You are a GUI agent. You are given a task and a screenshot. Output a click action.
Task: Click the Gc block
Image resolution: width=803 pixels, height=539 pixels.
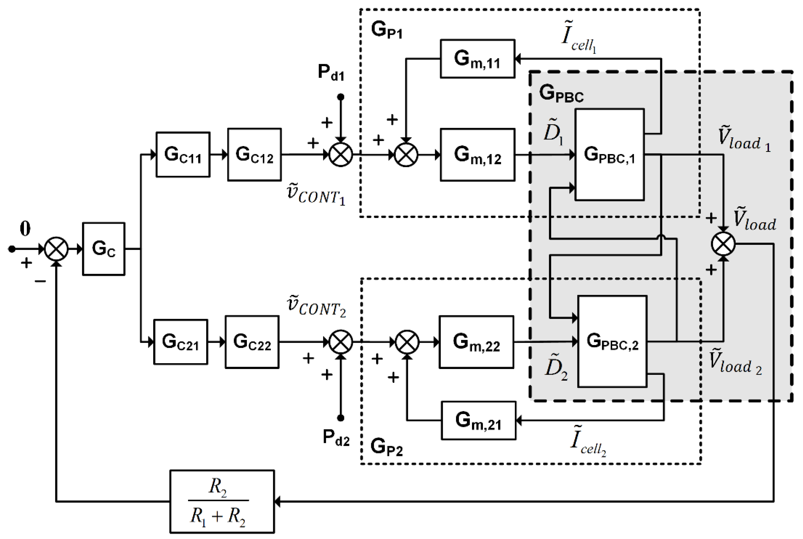[x=104, y=249]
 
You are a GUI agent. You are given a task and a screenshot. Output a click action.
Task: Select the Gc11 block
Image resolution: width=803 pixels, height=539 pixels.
[x=183, y=155]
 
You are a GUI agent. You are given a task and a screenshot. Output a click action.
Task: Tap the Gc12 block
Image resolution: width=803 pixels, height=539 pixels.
[x=254, y=155]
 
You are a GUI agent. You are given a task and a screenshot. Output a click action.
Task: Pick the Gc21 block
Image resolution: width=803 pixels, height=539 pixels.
[x=180, y=342]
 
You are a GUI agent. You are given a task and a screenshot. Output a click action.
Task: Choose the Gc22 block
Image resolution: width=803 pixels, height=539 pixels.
[x=252, y=342]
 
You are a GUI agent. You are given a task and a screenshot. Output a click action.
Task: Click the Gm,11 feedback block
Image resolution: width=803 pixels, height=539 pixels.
[x=478, y=59]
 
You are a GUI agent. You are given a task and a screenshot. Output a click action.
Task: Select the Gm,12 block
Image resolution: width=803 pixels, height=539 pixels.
[x=478, y=155]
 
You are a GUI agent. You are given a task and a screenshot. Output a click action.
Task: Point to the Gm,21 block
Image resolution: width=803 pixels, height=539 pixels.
[x=478, y=420]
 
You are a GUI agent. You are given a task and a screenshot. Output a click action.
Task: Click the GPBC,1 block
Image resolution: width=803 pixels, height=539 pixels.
[x=610, y=155]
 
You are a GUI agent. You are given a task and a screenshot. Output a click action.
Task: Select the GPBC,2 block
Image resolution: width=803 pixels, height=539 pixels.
[x=612, y=341]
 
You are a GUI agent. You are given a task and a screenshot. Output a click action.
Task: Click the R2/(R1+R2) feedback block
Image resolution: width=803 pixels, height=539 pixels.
[x=222, y=501]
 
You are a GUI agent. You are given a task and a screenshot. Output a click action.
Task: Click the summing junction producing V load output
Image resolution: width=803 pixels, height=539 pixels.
[x=723, y=244]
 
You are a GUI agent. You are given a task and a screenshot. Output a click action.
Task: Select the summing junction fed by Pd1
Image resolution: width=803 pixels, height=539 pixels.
[x=341, y=155]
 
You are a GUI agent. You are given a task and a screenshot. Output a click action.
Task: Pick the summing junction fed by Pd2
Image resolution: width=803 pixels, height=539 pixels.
[x=341, y=342]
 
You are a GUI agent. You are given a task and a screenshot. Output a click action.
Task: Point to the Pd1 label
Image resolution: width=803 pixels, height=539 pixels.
[x=331, y=73]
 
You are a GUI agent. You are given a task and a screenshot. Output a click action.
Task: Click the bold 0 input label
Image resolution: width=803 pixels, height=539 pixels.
[x=25, y=228]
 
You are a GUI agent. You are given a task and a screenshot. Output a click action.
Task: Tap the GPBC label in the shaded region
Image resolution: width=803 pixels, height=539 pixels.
[x=561, y=93]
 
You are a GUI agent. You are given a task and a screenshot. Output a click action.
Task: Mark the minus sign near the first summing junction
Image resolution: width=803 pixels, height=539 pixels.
[x=40, y=281]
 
